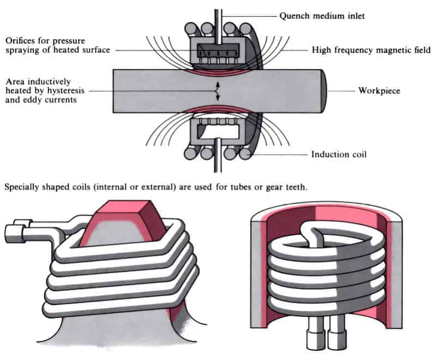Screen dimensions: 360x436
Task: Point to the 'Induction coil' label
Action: click(x=339, y=154)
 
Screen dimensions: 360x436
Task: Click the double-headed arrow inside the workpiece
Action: click(x=217, y=91)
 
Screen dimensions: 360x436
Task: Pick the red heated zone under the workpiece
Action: click(x=217, y=111)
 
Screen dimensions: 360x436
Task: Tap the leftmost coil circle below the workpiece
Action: click(x=192, y=153)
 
